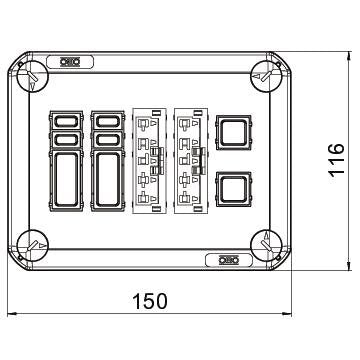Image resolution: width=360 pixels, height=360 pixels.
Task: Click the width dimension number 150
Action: [x=150, y=301]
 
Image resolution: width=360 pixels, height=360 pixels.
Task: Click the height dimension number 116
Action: [x=336, y=160]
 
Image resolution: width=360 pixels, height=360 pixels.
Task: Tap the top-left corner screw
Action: [x=33, y=76]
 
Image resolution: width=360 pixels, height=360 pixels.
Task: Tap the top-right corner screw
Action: [x=267, y=76]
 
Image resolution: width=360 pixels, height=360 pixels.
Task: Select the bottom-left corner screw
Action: [x=33, y=246]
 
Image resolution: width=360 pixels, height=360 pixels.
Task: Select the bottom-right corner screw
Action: [x=267, y=246]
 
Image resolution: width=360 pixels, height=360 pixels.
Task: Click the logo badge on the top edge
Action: [x=70, y=62]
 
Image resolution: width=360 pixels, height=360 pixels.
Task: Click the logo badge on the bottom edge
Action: [x=229, y=260]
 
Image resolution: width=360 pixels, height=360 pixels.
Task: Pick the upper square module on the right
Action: [x=233, y=132]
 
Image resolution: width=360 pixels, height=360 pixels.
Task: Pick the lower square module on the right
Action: [x=233, y=189]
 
